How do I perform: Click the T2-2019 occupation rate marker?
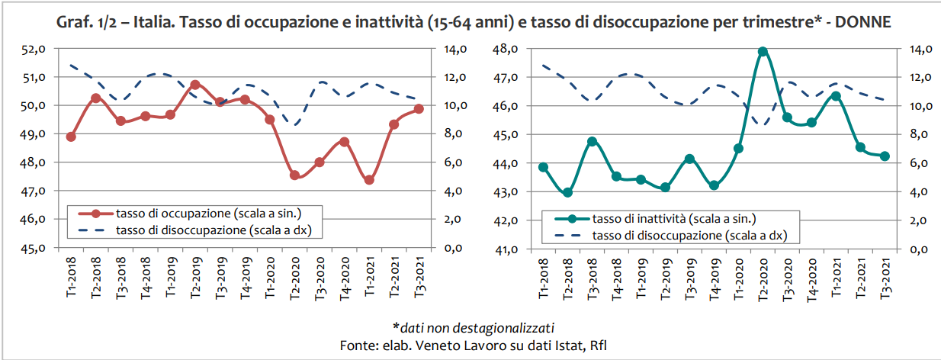195,85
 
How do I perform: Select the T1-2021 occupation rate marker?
369,180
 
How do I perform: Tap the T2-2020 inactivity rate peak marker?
763,51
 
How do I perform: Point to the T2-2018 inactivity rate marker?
567,192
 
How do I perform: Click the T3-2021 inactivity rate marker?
885,156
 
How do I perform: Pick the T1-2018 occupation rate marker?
71,137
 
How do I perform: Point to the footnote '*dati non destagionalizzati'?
472,329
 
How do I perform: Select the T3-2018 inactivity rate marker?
592,142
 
